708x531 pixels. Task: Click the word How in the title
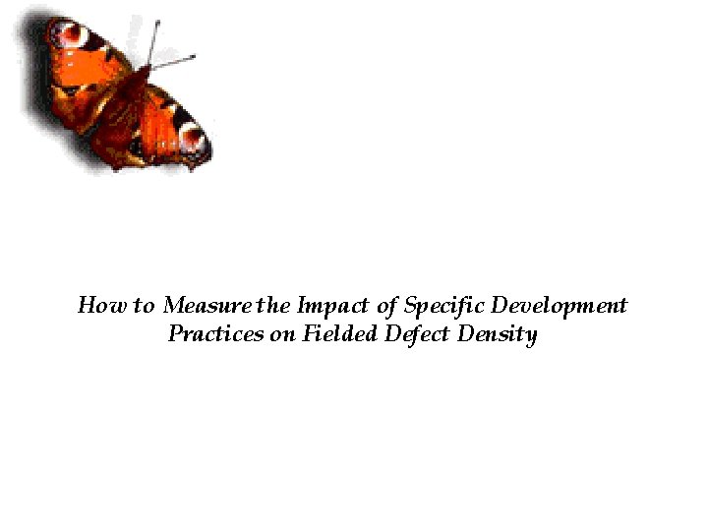(x=96, y=305)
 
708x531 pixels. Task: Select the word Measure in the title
(x=208, y=305)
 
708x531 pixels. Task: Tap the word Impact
(x=330, y=305)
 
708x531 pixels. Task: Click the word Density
(x=499, y=335)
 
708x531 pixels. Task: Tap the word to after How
(x=145, y=306)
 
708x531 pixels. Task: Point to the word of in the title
(x=387, y=305)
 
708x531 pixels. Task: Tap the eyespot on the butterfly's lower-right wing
(x=193, y=139)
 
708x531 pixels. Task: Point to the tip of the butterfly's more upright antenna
(x=157, y=20)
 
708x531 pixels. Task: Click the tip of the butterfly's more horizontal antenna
(x=195, y=56)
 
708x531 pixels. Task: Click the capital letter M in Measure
(x=175, y=305)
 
